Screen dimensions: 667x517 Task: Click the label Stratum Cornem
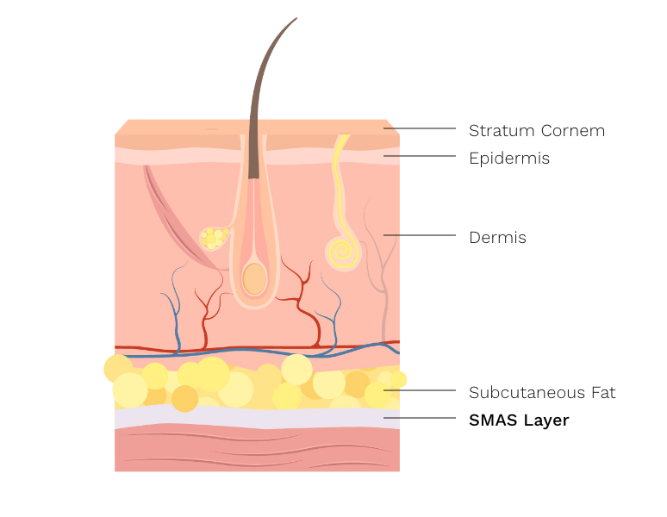coord(536,131)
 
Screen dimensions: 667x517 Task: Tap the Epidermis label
coord(508,159)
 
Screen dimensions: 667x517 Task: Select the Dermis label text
coord(497,238)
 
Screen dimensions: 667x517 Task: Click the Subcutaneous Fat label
coord(542,393)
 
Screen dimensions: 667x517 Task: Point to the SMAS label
coord(492,420)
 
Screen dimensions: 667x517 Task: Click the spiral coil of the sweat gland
coord(340,253)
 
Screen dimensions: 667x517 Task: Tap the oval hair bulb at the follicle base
coord(253,279)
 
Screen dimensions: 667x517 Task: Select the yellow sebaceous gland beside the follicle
coord(212,238)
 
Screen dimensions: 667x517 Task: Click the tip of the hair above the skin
coord(295,19)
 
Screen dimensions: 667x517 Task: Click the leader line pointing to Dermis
coord(420,234)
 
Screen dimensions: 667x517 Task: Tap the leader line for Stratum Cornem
coord(420,128)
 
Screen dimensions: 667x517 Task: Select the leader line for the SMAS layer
coord(420,418)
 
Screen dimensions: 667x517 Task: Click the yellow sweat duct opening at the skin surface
coord(342,138)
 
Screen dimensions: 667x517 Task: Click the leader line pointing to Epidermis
coord(420,156)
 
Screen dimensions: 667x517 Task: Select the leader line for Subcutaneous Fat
coord(420,390)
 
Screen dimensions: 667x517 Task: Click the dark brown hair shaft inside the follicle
coord(253,155)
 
